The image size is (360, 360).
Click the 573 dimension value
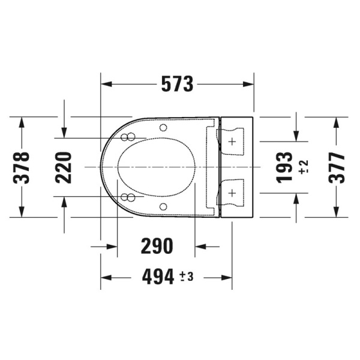[x=177, y=84]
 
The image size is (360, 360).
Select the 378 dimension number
[x=22, y=167]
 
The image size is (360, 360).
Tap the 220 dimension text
[x=64, y=167]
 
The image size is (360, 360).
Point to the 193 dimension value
[x=284, y=167]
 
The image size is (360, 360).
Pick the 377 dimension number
[x=337, y=167]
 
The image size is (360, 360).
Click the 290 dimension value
[x=157, y=246]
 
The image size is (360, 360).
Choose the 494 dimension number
[x=158, y=277]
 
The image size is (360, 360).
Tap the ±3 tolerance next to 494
[x=187, y=277]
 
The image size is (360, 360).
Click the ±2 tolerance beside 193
[x=304, y=166]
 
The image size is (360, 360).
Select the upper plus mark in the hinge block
[x=232, y=142]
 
